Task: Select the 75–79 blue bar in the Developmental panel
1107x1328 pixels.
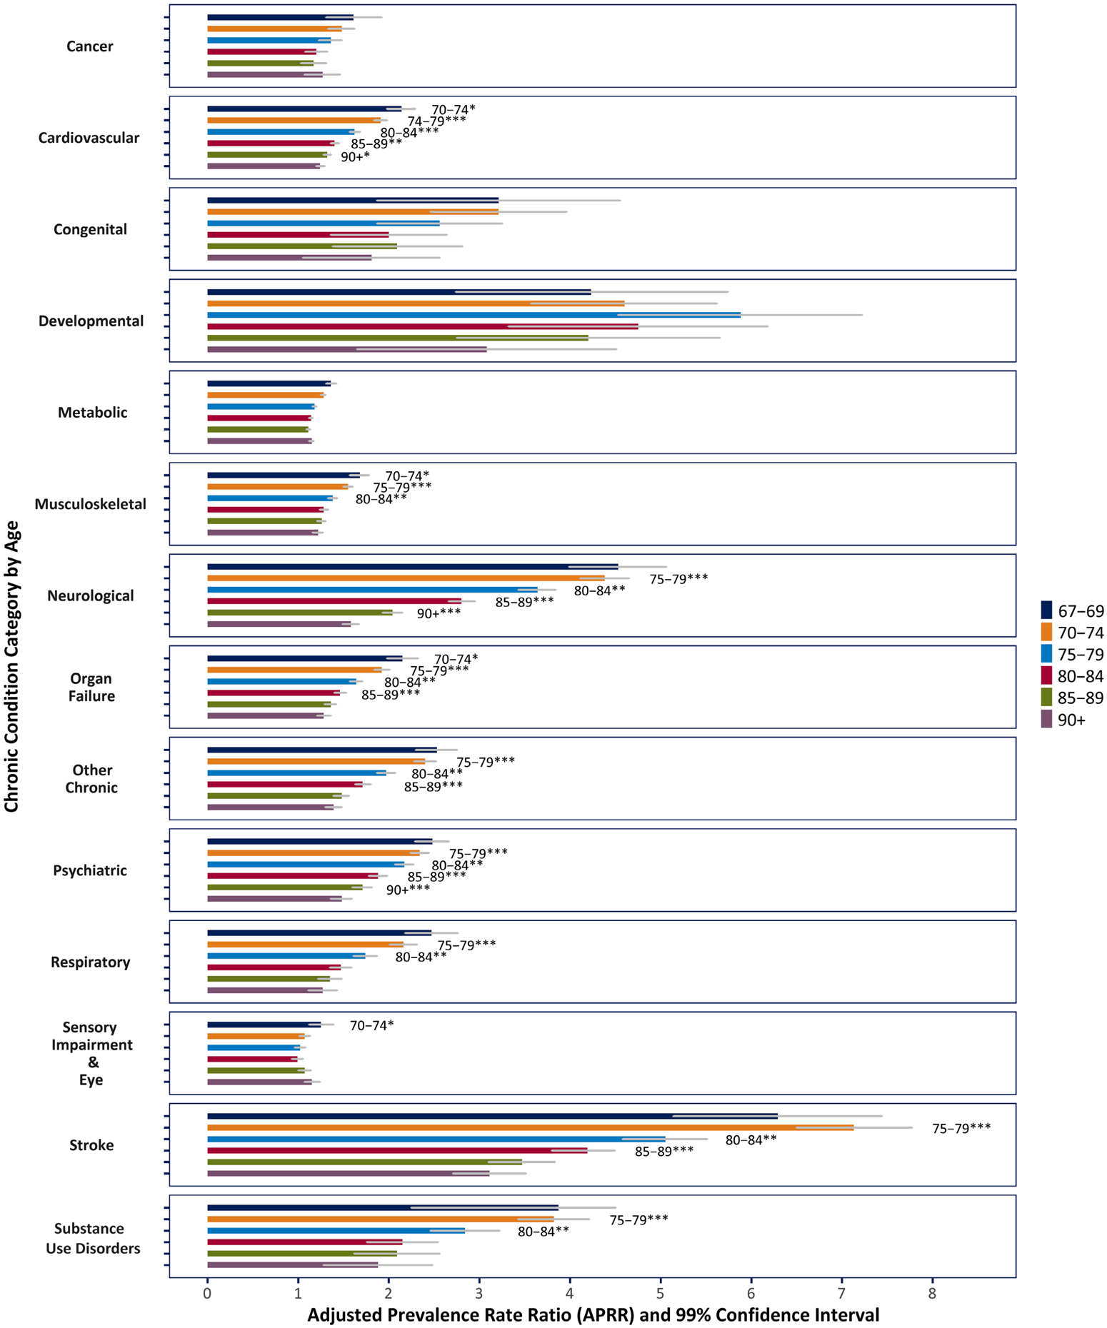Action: [471, 315]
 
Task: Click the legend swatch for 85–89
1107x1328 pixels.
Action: [1047, 698]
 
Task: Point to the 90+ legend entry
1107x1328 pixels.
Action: [1071, 720]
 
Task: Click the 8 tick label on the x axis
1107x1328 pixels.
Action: [932, 1294]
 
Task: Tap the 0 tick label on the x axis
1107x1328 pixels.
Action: [207, 1294]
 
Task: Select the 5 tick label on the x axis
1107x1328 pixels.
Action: [661, 1294]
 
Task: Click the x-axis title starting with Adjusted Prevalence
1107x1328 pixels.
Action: [593, 1315]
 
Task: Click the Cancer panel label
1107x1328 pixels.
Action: [90, 47]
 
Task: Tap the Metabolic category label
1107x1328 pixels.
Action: [92, 413]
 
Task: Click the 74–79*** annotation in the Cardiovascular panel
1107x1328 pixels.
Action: [436, 121]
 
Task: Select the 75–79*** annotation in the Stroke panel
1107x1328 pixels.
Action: [961, 1128]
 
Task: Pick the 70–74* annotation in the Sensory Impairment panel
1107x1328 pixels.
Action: [371, 1026]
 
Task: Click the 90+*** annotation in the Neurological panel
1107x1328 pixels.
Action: [439, 613]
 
